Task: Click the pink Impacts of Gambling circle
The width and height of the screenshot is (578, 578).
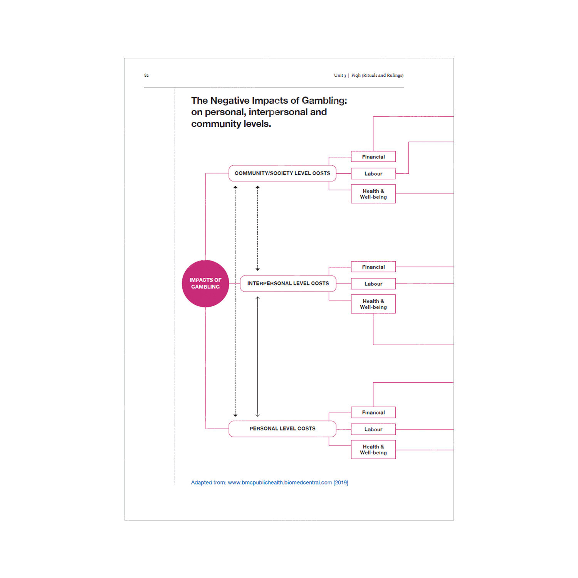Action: (205, 284)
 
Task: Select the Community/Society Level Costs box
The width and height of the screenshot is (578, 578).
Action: (282, 173)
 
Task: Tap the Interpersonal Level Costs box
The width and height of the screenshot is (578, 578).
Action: (288, 284)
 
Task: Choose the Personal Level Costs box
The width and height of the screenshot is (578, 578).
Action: (282, 428)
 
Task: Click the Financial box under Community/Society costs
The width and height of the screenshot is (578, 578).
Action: (373, 157)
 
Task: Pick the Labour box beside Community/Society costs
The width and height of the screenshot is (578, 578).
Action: (373, 174)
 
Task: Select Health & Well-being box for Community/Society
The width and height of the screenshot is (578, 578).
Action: (373, 194)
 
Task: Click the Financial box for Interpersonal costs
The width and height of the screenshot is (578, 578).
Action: (373, 267)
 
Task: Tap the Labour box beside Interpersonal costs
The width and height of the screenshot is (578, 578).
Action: (373, 284)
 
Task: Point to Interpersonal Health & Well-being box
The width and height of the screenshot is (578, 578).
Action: (373, 304)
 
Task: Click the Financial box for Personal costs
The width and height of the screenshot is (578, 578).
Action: (373, 413)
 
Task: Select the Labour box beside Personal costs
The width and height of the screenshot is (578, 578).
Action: (373, 429)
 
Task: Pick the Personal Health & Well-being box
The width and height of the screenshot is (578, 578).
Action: (373, 450)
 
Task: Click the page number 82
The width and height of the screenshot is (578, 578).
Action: (146, 76)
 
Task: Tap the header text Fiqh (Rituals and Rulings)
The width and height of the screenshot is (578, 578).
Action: (377, 76)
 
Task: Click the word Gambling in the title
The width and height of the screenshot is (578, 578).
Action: (324, 101)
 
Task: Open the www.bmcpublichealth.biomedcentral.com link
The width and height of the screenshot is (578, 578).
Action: (280, 482)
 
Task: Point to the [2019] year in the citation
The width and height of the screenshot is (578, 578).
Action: (341, 482)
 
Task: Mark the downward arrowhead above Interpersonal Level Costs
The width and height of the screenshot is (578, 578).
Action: (258, 269)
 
